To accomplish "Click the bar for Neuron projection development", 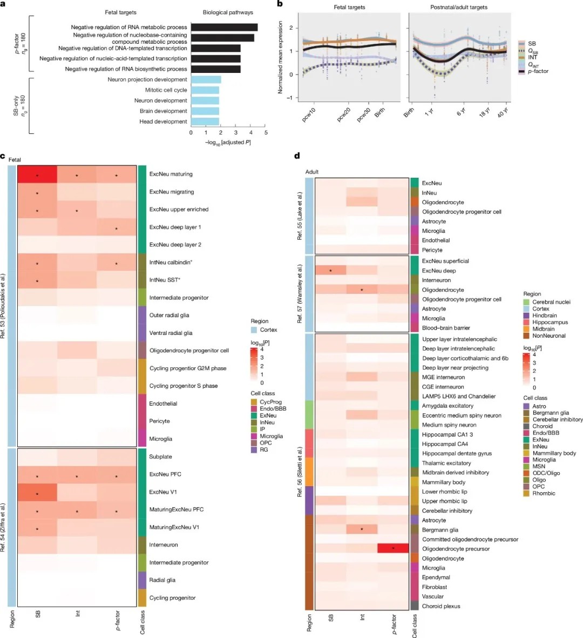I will pyautogui.click(x=206, y=79).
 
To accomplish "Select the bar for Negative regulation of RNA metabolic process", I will pyautogui.click(x=224, y=27).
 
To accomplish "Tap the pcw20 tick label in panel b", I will pyautogui.click(x=344, y=115).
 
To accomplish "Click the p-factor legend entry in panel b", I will pyautogui.click(x=538, y=71).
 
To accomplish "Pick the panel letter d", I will pyautogui.click(x=297, y=156).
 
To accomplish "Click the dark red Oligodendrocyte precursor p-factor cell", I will pyautogui.click(x=393, y=549).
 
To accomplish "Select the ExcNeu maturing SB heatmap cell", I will pyautogui.click(x=37, y=174).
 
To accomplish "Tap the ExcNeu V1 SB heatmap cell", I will pyautogui.click(x=37, y=492).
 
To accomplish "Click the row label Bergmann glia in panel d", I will pyautogui.click(x=440, y=530).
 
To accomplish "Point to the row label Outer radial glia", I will pyautogui.click(x=169, y=315).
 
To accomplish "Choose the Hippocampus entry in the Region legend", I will pyautogui.click(x=550, y=323).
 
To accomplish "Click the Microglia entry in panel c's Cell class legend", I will pyautogui.click(x=271, y=436).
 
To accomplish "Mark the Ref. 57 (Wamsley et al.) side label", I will pyautogui.click(x=300, y=294).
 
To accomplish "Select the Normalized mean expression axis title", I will pyautogui.click(x=281, y=58).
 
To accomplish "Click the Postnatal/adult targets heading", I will pyautogui.click(x=458, y=7).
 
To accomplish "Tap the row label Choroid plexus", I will pyautogui.click(x=441, y=606).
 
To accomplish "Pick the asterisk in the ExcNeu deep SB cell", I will pyautogui.click(x=330, y=270).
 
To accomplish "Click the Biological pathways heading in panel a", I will pyautogui.click(x=228, y=12).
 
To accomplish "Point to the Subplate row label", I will pyautogui.click(x=160, y=456).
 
